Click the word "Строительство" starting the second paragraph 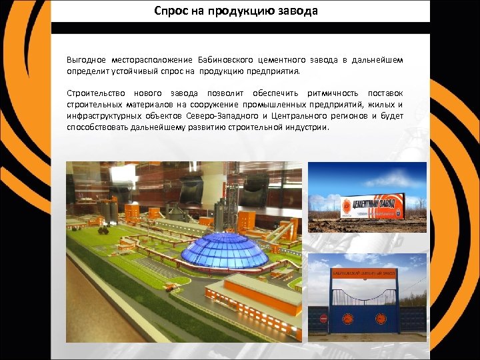96,93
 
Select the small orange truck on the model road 171,287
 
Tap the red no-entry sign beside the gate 324,319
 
